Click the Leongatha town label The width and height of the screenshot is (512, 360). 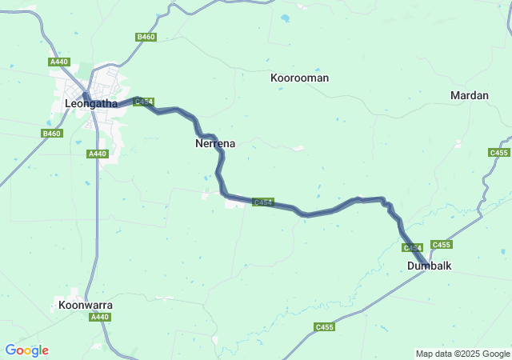[90, 104]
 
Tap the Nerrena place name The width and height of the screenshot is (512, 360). [214, 144]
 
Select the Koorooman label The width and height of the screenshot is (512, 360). [299, 78]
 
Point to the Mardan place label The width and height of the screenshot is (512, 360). [470, 95]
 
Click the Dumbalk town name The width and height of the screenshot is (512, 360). [429, 266]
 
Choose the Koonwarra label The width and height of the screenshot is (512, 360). [86, 306]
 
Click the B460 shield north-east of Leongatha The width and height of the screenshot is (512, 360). [146, 37]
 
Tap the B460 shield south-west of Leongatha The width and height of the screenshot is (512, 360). [51, 134]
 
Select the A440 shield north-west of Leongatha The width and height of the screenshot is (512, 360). [58, 62]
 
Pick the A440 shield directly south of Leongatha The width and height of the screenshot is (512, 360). [98, 154]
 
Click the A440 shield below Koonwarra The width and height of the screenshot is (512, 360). [99, 318]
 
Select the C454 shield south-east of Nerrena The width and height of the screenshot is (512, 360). [263, 202]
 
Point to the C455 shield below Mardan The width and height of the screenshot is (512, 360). [498, 153]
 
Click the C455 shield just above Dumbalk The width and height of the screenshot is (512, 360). [441, 245]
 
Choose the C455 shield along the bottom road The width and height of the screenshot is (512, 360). [324, 326]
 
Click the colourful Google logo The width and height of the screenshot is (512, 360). [26, 350]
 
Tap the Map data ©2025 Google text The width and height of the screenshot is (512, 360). [462, 354]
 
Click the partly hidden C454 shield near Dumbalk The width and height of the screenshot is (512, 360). [413, 248]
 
